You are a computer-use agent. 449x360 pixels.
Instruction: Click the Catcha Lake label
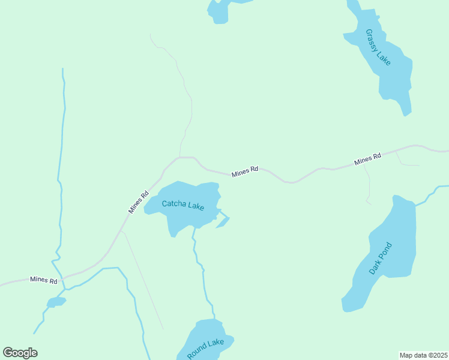[183, 205]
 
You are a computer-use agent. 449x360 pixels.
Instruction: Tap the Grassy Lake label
[378, 47]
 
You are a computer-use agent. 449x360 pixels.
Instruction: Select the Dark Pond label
[381, 258]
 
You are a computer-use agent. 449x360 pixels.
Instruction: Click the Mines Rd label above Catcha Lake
[245, 170]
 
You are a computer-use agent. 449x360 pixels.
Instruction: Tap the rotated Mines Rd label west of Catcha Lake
[138, 202]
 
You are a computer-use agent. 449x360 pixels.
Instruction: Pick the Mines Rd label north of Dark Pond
[367, 160]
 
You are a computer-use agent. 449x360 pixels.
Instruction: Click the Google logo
[20, 353]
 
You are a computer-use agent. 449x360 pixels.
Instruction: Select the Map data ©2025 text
[423, 355]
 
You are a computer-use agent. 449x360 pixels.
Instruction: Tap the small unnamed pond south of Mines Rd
[56, 302]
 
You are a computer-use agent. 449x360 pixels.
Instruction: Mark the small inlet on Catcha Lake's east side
[223, 222]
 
